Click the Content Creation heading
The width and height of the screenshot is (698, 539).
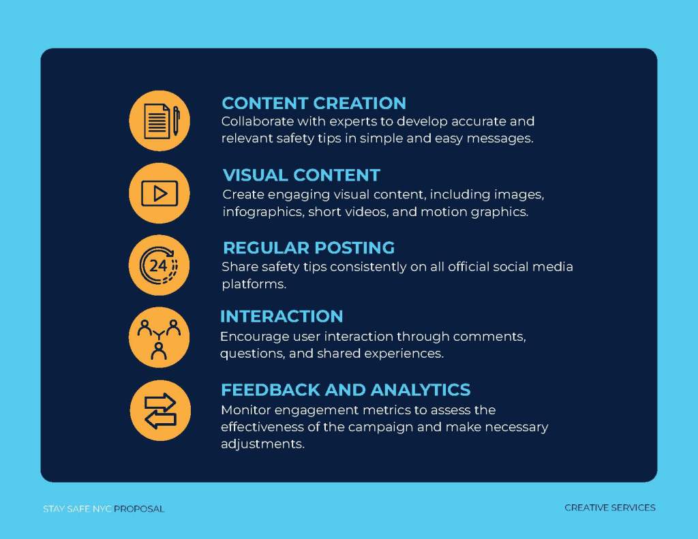pyautogui.click(x=314, y=104)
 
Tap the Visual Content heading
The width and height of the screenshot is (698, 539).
pyautogui.click(x=301, y=175)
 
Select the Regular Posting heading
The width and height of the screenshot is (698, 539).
pyautogui.click(x=309, y=248)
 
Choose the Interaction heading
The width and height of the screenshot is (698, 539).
pyautogui.click(x=282, y=316)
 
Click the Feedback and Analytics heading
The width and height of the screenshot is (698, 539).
pyautogui.click(x=346, y=390)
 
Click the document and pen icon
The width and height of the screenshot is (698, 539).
pyautogui.click(x=160, y=121)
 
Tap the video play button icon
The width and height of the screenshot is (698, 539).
pyautogui.click(x=160, y=193)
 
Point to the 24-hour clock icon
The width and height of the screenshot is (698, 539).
pyautogui.click(x=160, y=265)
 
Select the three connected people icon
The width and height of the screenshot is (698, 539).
pyautogui.click(x=159, y=337)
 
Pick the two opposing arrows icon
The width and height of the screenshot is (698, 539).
pyautogui.click(x=160, y=410)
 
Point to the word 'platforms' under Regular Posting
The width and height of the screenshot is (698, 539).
pyautogui.click(x=254, y=284)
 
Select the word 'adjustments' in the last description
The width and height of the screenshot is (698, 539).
pyautogui.click(x=262, y=444)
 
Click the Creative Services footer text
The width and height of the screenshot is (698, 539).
pyautogui.click(x=610, y=508)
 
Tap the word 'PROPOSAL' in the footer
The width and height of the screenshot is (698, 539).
pyautogui.click(x=139, y=509)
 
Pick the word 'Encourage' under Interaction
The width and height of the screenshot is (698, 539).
pyautogui.click(x=254, y=337)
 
